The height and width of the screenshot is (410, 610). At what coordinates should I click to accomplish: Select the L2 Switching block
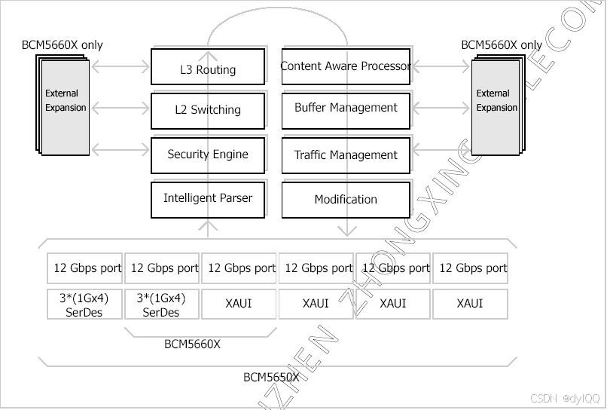pyautogui.click(x=207, y=110)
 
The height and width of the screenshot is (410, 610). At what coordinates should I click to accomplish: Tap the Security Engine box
pyautogui.click(x=207, y=155)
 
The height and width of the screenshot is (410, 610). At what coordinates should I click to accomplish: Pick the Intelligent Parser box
pyautogui.click(x=207, y=199)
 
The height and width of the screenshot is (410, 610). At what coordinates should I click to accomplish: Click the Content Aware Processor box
pyautogui.click(x=346, y=66)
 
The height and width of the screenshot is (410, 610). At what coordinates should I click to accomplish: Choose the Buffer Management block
pyautogui.click(x=346, y=108)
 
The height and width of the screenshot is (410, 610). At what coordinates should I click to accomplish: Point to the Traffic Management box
pyautogui.click(x=346, y=155)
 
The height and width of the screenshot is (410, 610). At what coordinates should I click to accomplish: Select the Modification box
pyautogui.click(x=346, y=200)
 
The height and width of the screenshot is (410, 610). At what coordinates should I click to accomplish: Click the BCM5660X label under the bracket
pyautogui.click(x=192, y=344)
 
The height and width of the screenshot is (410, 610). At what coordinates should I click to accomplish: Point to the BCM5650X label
pyautogui.click(x=271, y=377)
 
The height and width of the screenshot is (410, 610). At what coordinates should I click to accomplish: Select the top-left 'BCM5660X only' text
pyautogui.click(x=62, y=45)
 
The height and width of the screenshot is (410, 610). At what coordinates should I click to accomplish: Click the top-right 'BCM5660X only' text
pyautogui.click(x=502, y=45)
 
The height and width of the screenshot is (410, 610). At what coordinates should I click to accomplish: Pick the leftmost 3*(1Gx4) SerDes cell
pyautogui.click(x=84, y=304)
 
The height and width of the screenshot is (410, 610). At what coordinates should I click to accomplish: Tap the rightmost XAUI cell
pyautogui.click(x=470, y=304)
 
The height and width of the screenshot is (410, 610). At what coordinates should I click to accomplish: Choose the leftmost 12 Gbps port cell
pyautogui.click(x=84, y=268)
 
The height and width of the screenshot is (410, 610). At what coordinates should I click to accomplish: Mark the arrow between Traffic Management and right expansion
pyautogui.click(x=441, y=155)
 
